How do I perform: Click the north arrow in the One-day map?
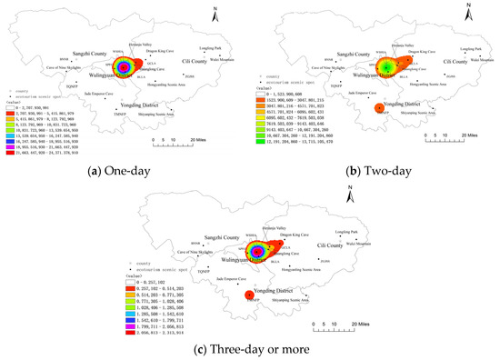coord(231,12)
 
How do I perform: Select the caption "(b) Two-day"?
coord(376,170)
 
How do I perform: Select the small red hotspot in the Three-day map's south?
coord(249,295)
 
